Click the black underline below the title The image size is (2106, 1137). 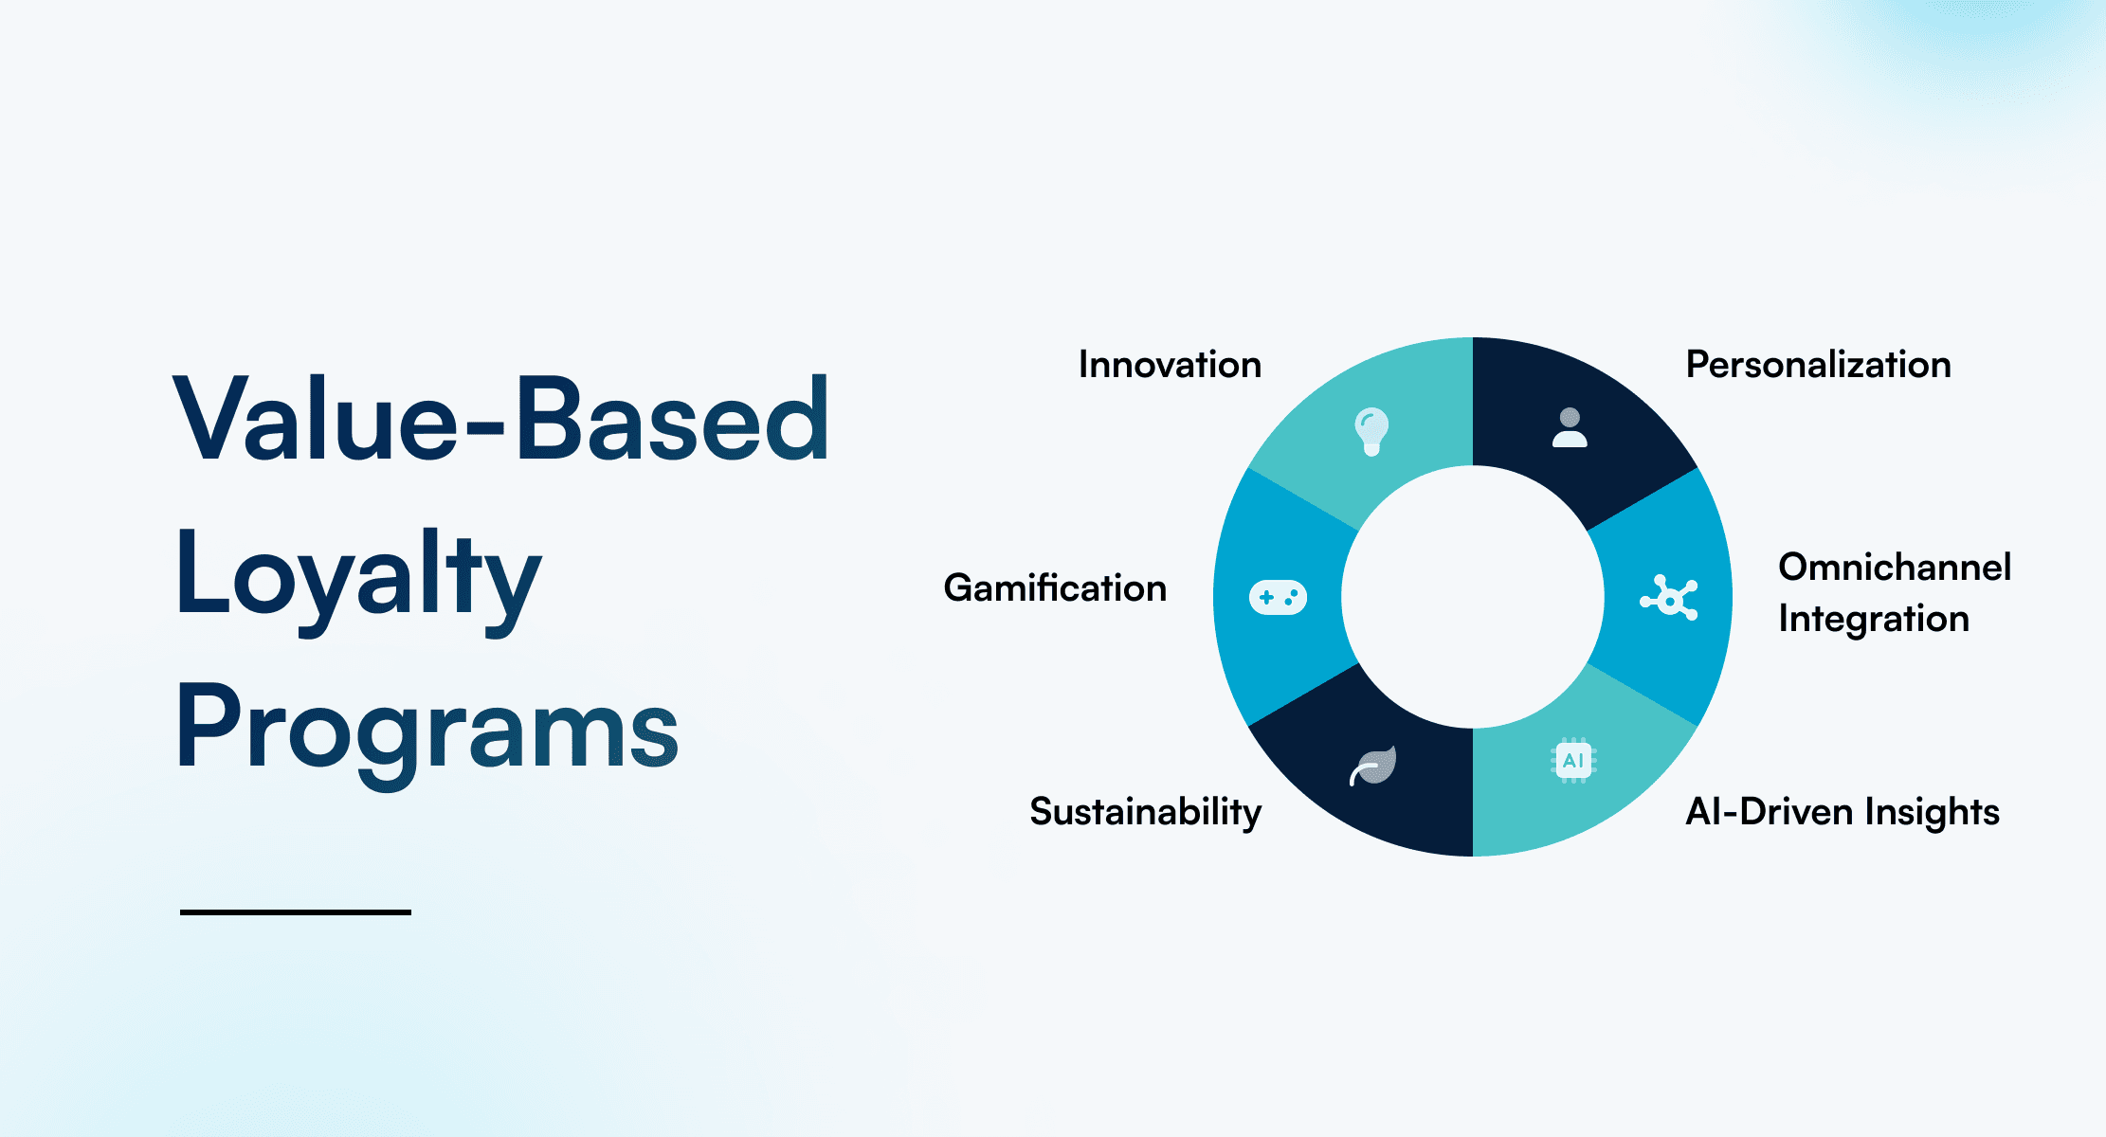295,911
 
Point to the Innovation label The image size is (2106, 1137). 1170,365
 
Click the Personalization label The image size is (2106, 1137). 1818,365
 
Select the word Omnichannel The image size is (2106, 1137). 1894,568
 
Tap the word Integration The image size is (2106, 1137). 1873,619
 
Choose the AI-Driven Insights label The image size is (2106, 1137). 1842,812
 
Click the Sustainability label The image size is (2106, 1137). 1145,812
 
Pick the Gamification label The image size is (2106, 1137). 1055,588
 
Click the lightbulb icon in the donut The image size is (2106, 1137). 1371,431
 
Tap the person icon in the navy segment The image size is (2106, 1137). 1570,428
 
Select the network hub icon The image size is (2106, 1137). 1669,598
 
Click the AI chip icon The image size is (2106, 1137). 1573,760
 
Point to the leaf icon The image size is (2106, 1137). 1373,766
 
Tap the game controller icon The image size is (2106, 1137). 1278,597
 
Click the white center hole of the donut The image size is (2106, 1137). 1472,597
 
